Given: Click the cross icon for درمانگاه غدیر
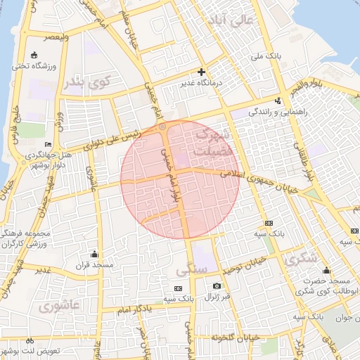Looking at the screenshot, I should point(202,72).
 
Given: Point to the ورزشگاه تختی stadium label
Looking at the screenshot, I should point(35,67).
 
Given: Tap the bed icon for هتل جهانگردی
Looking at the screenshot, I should point(48,144).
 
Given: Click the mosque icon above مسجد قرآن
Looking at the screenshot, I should point(94,253).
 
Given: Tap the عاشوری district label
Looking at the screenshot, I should point(60,306).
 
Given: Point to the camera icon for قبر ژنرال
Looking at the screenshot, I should point(217,285).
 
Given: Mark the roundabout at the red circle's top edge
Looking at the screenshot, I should point(163,127).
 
